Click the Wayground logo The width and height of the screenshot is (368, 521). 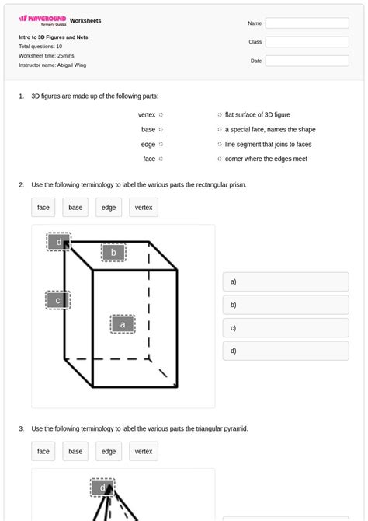click(42, 19)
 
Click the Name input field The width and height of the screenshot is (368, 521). click(307, 23)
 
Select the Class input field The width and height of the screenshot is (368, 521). click(307, 42)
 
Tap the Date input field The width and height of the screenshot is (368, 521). click(307, 61)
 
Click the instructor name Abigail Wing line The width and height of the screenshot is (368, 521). click(53, 65)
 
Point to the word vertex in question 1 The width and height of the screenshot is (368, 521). click(147, 115)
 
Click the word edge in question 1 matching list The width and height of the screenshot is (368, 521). click(148, 144)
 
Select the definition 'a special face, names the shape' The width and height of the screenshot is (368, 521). click(270, 130)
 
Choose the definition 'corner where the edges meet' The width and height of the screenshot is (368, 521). click(266, 159)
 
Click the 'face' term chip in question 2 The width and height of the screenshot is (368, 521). click(43, 208)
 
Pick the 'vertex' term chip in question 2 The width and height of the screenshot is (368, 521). click(144, 208)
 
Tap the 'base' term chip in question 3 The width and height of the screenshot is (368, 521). click(75, 451)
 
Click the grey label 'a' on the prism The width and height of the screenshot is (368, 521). click(122, 324)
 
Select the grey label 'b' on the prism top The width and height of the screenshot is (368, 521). click(113, 253)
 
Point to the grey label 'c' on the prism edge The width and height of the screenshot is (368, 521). click(57, 300)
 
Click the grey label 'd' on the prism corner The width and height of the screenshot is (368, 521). click(58, 242)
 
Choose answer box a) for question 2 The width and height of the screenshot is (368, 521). click(285, 282)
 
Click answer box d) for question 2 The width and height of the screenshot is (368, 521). click(285, 351)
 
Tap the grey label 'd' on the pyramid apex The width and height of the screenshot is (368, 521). click(102, 488)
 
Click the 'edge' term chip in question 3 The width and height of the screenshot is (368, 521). click(109, 451)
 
